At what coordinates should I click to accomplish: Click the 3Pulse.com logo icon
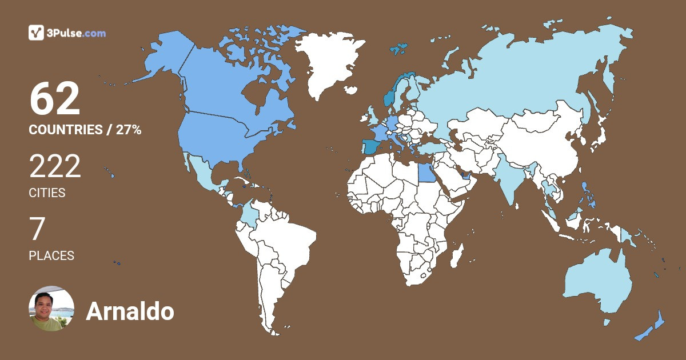click(x=37, y=33)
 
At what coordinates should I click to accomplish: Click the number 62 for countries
click(x=55, y=99)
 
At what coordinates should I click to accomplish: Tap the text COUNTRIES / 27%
click(x=85, y=130)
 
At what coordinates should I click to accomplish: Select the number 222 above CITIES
click(x=55, y=167)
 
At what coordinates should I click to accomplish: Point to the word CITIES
click(x=47, y=193)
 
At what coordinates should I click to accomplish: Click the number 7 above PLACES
click(x=37, y=230)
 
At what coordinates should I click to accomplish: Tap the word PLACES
click(x=51, y=256)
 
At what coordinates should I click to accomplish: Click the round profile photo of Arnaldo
click(x=51, y=309)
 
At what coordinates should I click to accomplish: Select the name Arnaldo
click(x=130, y=312)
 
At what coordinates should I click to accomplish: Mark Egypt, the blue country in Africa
click(x=426, y=171)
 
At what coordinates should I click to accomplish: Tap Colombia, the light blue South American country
click(x=250, y=214)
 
